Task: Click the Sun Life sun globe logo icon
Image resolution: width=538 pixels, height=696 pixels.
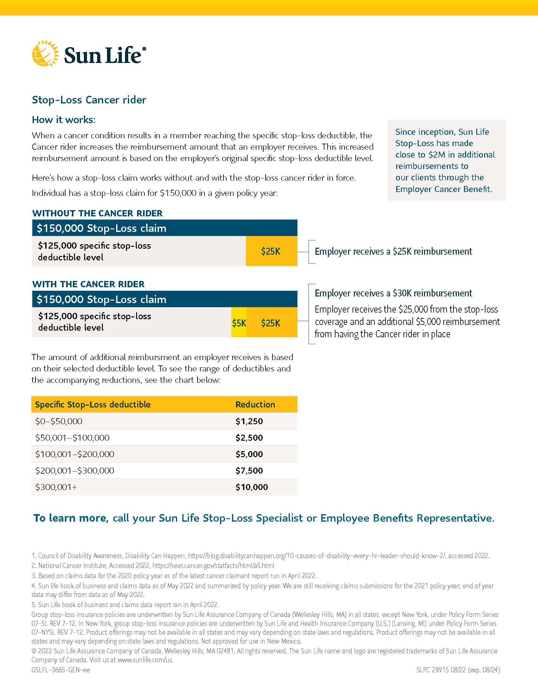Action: (x=46, y=53)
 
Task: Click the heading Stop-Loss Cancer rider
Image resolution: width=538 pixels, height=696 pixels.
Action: (x=89, y=100)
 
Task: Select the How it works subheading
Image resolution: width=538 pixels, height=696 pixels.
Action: (x=63, y=120)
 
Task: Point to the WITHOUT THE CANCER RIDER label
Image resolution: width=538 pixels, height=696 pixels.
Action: (x=97, y=213)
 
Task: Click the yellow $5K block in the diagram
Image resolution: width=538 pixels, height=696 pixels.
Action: (x=239, y=323)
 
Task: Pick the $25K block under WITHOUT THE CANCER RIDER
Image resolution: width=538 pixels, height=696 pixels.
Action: (x=271, y=252)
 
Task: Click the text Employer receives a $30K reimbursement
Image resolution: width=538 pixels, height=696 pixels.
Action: (x=393, y=293)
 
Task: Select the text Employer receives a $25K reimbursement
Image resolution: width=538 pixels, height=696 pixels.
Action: (x=393, y=252)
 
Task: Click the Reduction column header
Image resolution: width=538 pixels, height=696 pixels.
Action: (x=255, y=404)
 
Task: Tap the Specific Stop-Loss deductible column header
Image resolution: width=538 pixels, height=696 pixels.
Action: (x=93, y=404)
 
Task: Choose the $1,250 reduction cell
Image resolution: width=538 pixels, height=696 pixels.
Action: (x=249, y=421)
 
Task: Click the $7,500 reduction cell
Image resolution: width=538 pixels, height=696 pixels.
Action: (x=249, y=471)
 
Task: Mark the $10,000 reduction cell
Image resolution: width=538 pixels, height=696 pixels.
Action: (x=252, y=487)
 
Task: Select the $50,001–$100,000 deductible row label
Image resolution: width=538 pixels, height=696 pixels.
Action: (x=72, y=438)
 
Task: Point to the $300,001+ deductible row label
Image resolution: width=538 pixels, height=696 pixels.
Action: (x=56, y=487)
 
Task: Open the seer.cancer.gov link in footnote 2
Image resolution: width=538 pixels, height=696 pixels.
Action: (x=213, y=566)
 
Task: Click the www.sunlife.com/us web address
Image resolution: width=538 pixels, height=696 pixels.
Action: (x=145, y=660)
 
